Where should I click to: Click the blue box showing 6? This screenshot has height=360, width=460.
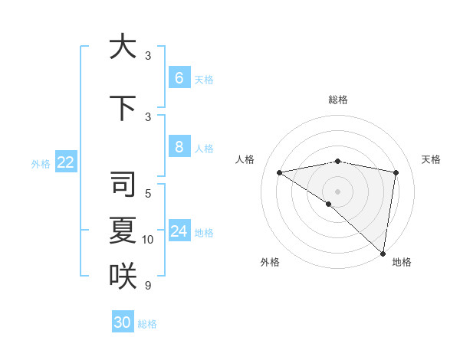click(179, 78)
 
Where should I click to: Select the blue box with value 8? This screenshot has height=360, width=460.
click(179, 147)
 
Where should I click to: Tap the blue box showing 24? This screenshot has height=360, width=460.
click(179, 231)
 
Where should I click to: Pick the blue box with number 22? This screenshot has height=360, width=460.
click(65, 162)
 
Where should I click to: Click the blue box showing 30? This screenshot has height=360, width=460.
click(123, 322)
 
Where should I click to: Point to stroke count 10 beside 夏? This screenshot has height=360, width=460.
click(148, 240)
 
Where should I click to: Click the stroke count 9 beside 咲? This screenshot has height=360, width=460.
click(147, 286)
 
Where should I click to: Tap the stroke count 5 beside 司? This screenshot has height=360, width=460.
click(147, 194)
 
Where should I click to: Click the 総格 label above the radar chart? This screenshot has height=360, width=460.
click(337, 100)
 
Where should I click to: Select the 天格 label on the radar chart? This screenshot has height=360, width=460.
click(431, 159)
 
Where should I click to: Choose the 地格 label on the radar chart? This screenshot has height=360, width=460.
click(402, 262)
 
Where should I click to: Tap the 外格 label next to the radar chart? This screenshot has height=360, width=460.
click(270, 262)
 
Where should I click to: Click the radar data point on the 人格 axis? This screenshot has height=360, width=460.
click(279, 172)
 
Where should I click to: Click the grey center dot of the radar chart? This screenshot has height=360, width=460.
click(337, 191)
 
